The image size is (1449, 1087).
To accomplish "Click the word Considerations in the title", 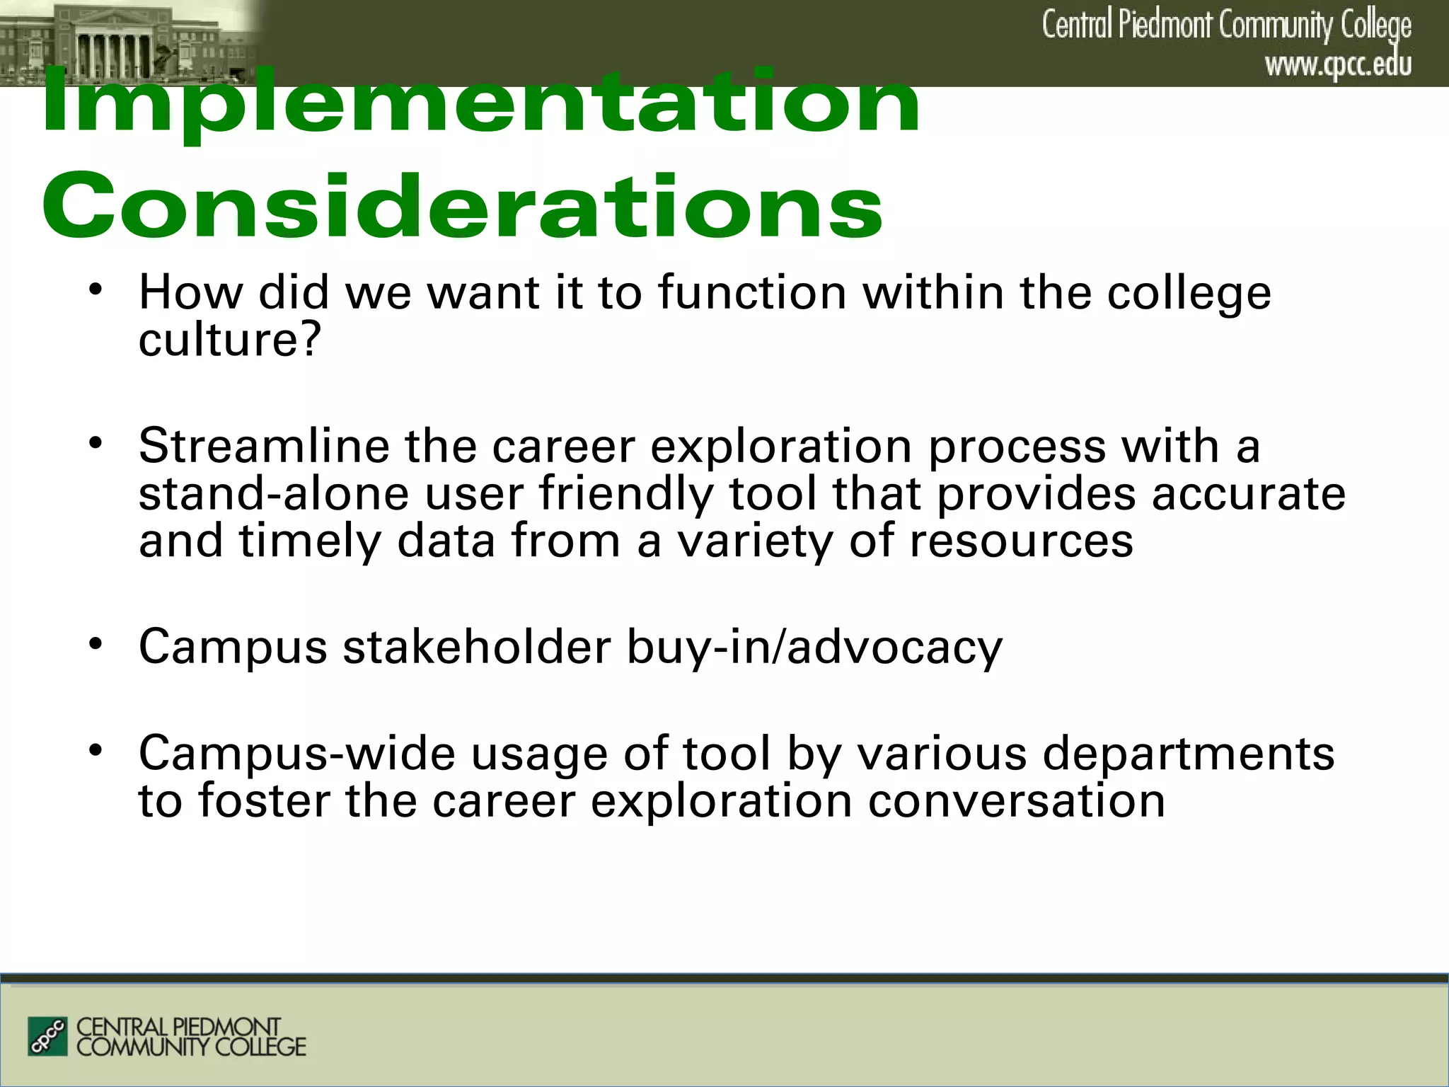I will pos(463,207).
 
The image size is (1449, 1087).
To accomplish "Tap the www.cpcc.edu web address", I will pos(1338,65).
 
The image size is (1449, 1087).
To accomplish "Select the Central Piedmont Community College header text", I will pos(1225,25).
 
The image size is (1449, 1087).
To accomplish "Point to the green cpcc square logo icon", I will pos(47,1036).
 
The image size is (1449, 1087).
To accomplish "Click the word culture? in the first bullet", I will pos(230,340).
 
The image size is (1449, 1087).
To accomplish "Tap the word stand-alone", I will pos(273,494).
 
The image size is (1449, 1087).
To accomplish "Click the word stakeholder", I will pos(477,647).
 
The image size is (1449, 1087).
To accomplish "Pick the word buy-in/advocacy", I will pos(814,647).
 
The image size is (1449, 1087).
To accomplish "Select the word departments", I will pos(1189,753).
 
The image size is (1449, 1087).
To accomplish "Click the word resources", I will pos(1021,541).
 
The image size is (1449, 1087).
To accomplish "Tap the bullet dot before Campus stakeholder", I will pos(96,644).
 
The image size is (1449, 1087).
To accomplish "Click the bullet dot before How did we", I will pos(96,289).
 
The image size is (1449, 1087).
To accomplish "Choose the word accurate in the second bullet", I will pos(1248,494).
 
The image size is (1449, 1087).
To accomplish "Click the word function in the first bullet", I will pos(752,293).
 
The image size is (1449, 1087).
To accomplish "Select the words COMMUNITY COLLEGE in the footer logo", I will pos(191,1047).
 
